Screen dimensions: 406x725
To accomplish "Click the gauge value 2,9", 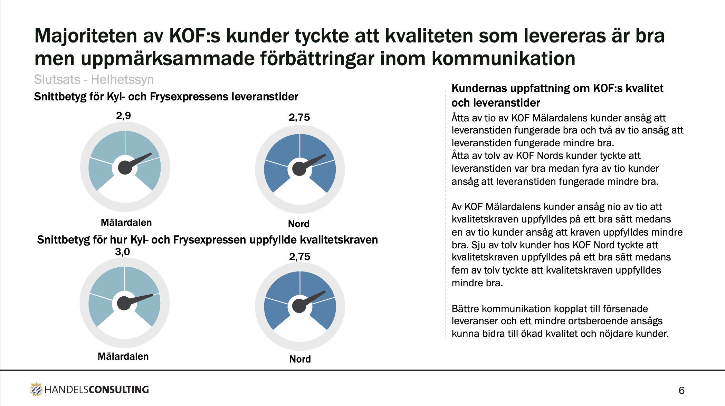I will pos(123,116).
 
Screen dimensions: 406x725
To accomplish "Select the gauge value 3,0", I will pos(122,252).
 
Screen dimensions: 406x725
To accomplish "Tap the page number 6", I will pos(681,390).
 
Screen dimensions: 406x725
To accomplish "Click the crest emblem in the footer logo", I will pos(36,389).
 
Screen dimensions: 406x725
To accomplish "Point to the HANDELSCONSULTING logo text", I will pos(97,390).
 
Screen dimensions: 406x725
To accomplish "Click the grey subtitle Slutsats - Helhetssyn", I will pos(94,80).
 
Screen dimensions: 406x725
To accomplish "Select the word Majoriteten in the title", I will pos(86,36).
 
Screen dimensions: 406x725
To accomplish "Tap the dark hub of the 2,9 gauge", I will pos(125,168).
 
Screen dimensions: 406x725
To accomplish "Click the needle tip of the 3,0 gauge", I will pos(152,295).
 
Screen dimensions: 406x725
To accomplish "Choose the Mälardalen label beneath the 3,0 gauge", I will pos(123,356).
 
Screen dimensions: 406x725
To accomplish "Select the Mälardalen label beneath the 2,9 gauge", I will pos(126,222).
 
